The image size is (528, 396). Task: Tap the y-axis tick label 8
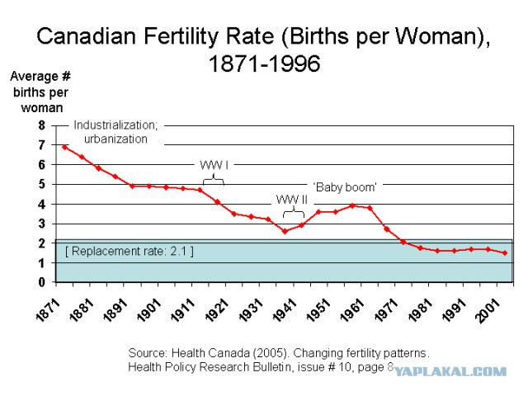[x=42, y=125]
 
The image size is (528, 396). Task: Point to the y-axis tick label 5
[x=42, y=185]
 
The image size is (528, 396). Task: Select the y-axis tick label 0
[x=42, y=282]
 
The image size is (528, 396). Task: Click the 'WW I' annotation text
[x=214, y=165]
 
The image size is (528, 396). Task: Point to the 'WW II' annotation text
[x=292, y=200]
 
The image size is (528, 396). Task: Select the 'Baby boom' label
[x=345, y=187]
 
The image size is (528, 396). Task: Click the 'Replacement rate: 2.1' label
[x=130, y=251]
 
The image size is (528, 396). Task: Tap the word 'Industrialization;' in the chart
[x=115, y=125]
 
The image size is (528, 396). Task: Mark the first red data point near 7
[x=65, y=147]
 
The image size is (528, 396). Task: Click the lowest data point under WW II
[x=285, y=231]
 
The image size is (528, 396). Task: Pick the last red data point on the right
[x=505, y=253]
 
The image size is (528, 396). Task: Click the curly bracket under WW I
[x=214, y=180]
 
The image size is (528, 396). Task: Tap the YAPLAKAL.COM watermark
[x=450, y=371]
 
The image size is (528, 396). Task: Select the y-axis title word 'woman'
[x=42, y=108]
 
